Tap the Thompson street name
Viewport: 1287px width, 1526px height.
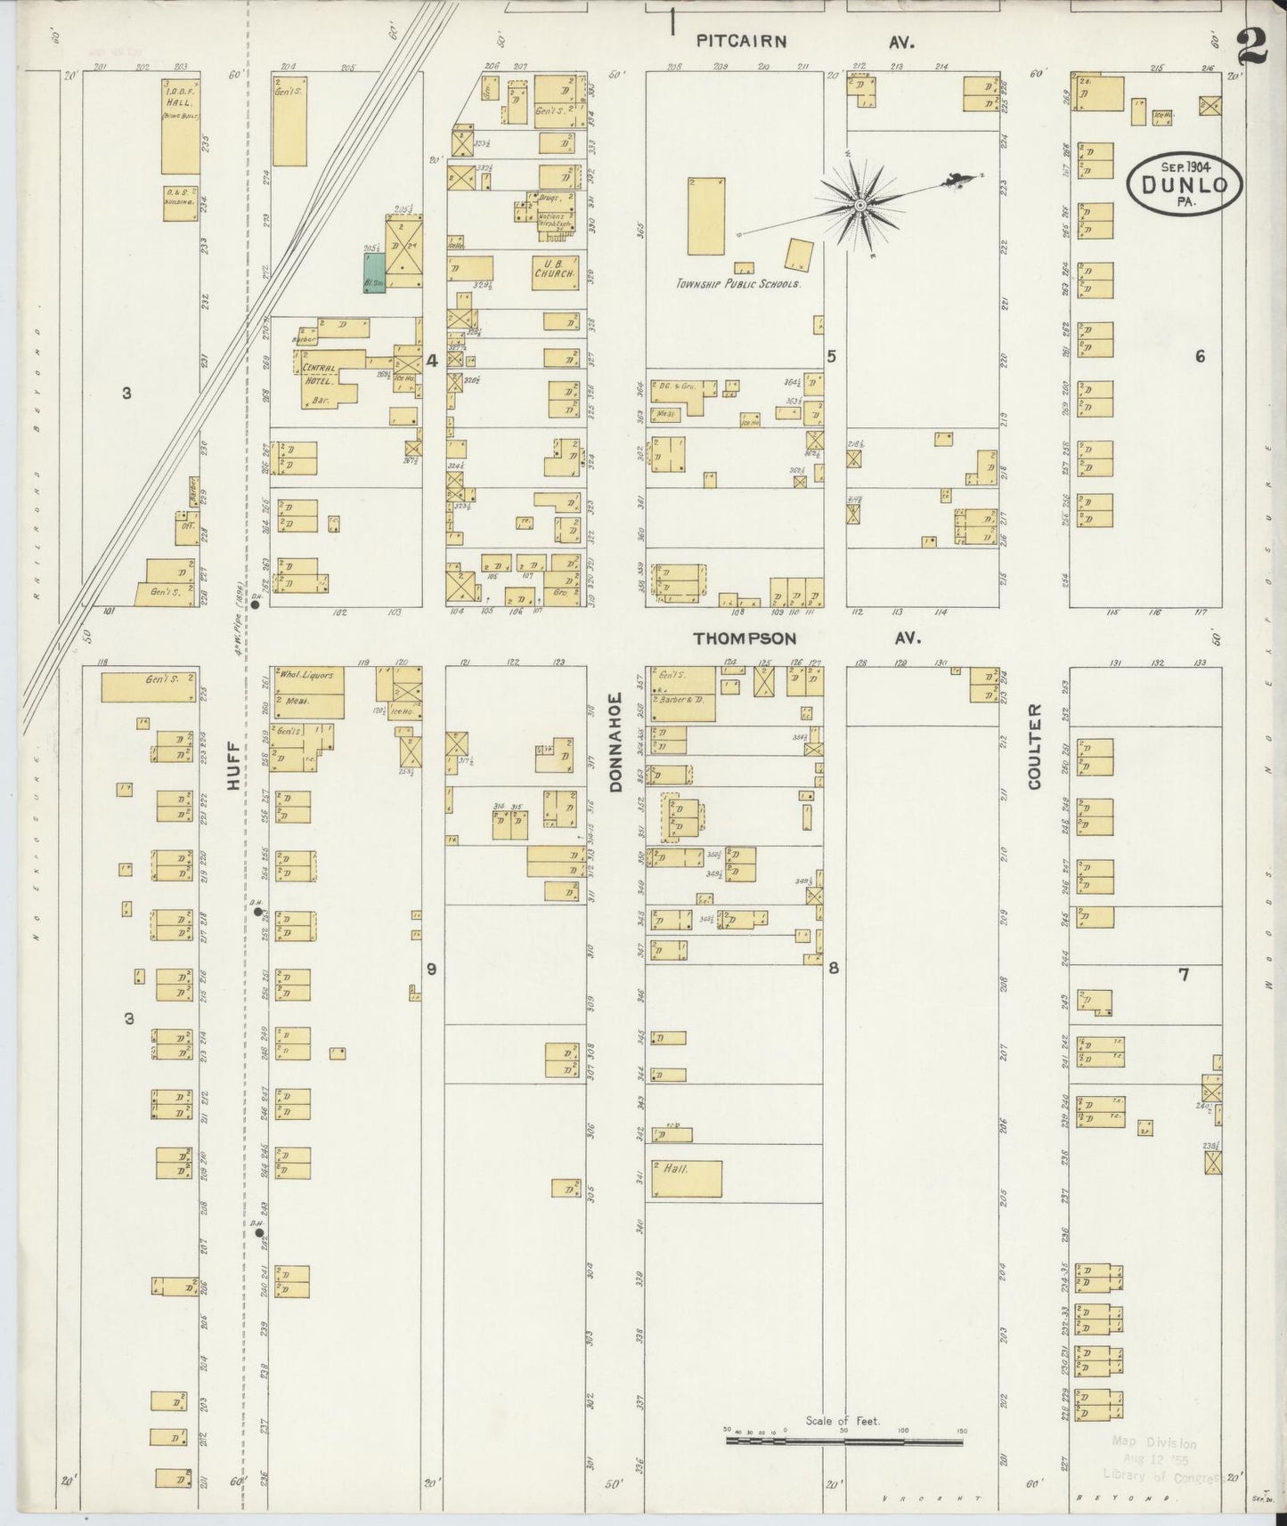(745, 638)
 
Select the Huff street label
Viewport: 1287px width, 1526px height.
(233, 767)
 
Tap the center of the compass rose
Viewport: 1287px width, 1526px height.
(859, 206)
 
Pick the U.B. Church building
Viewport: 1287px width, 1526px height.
(558, 268)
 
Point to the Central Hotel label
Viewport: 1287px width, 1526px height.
(319, 374)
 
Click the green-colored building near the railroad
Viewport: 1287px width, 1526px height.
(374, 272)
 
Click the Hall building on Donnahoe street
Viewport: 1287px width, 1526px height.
(687, 1179)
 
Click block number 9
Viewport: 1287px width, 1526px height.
(431, 969)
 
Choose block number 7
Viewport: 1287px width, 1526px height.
(1184, 975)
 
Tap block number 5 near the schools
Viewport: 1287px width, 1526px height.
(832, 356)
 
